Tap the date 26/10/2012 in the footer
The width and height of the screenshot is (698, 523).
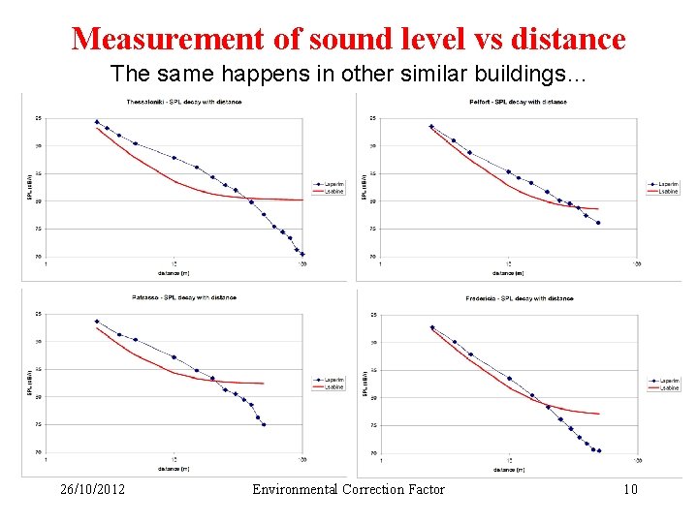92,489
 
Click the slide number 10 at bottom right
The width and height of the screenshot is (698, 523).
630,489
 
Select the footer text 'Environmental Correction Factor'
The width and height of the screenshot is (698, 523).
348,489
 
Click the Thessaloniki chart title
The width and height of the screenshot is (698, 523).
184,102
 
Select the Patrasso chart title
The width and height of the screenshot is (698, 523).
184,297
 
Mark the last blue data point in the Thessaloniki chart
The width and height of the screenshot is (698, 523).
302,255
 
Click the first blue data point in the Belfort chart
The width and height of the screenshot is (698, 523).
431,126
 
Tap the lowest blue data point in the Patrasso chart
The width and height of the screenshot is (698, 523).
264,424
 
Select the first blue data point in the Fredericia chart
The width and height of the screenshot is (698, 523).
431,327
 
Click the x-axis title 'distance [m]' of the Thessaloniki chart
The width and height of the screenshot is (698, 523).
174,272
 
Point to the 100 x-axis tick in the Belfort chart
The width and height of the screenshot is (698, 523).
637,264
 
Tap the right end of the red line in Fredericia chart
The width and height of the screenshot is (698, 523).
599,414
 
